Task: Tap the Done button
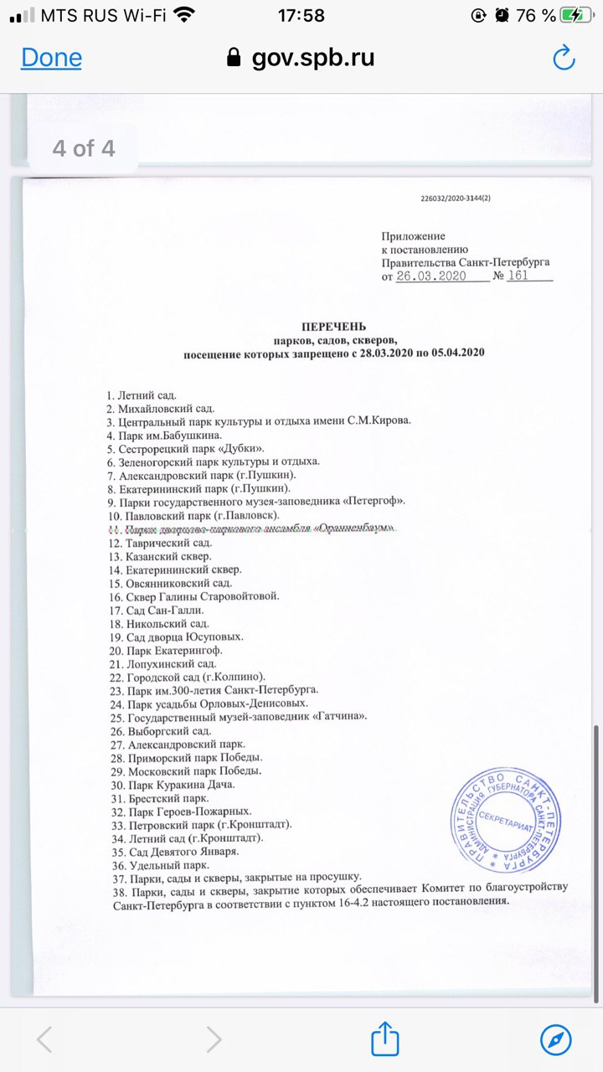tap(51, 58)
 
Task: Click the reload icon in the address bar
tap(564, 58)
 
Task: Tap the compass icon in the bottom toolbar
tap(556, 1039)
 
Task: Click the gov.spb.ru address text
tap(312, 58)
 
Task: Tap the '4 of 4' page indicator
tap(83, 149)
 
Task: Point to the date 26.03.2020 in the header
tap(430, 276)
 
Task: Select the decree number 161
tap(518, 276)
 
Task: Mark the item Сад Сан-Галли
tap(156, 611)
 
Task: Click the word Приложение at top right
tap(414, 237)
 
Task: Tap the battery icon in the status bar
tap(579, 14)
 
